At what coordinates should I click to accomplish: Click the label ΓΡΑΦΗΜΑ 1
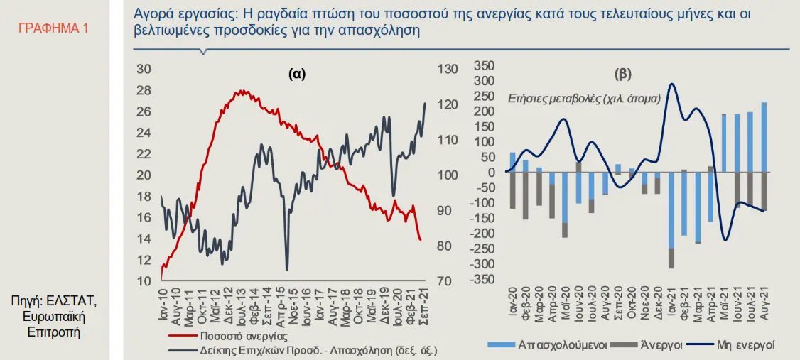(x=53, y=29)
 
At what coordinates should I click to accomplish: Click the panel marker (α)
(x=297, y=74)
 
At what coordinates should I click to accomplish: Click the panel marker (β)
(x=622, y=74)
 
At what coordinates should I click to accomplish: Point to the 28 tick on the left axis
(x=144, y=90)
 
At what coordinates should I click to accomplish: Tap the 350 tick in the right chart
(x=482, y=65)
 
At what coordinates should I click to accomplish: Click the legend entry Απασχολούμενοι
(x=561, y=344)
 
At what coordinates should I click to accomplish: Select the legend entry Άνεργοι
(x=661, y=344)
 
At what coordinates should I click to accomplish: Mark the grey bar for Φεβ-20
(x=525, y=195)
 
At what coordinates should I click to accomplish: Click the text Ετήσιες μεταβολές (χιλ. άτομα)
(x=583, y=99)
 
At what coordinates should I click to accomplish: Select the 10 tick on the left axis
(x=144, y=282)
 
